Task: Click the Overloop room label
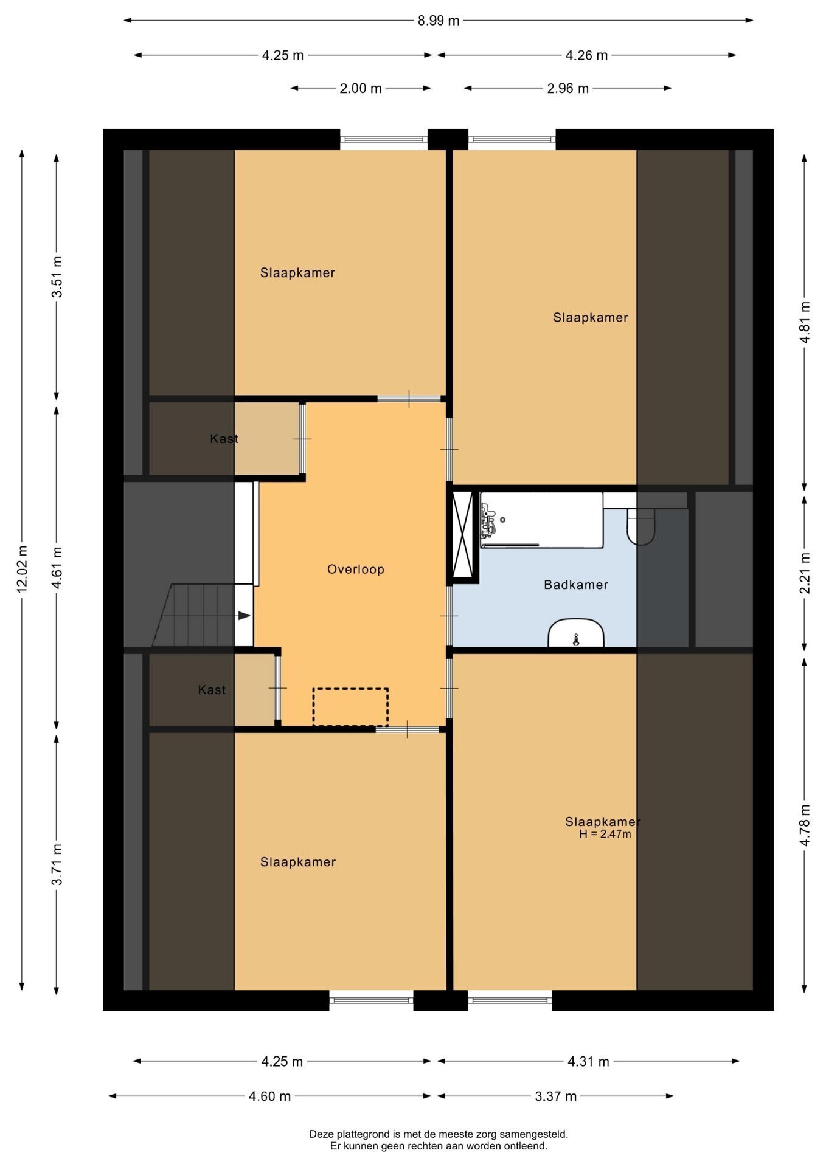[x=355, y=570]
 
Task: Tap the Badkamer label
[x=576, y=585]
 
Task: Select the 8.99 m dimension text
[x=438, y=21]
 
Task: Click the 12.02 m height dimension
[x=22, y=568]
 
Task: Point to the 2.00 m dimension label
[x=361, y=89]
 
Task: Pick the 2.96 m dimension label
[x=567, y=89]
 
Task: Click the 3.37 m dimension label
[x=555, y=1096]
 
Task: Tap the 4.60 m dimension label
[x=269, y=1096]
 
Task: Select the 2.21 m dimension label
[x=805, y=573]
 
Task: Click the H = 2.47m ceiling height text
[x=605, y=835]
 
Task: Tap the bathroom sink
[x=575, y=633]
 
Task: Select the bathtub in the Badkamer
[x=541, y=520]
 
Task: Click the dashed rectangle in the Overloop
[x=350, y=707]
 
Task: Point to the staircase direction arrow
[x=244, y=616]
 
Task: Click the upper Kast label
[x=224, y=439]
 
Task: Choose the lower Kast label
[x=212, y=690]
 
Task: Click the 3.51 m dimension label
[x=57, y=277]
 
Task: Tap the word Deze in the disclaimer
[x=321, y=1134]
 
